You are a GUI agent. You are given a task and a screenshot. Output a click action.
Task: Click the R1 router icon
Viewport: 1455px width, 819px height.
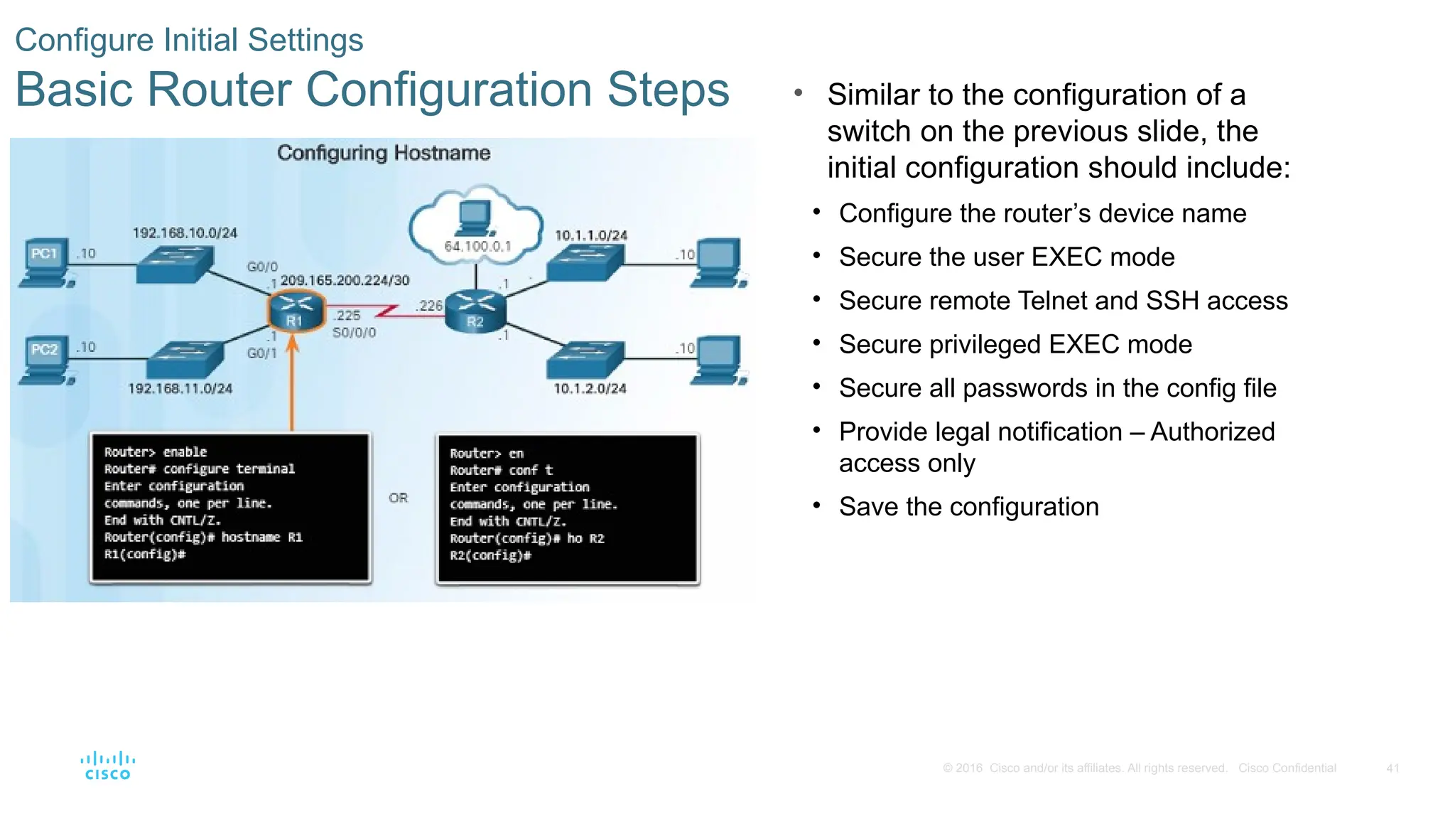click(x=296, y=311)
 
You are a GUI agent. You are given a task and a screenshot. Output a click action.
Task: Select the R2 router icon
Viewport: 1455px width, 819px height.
click(x=475, y=311)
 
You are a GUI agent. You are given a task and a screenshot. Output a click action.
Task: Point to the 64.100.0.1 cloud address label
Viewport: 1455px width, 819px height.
click(x=477, y=247)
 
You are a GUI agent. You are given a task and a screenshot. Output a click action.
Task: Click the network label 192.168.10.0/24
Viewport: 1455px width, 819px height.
click(x=185, y=233)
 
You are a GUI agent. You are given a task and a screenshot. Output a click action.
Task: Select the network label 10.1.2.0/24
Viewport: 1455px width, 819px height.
click(x=590, y=389)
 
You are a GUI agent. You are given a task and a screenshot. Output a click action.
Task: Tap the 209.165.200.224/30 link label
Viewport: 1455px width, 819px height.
click(x=345, y=281)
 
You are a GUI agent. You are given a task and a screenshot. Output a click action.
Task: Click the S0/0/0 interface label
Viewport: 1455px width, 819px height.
click(x=354, y=333)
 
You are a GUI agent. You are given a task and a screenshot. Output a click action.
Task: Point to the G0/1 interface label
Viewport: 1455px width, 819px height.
click(x=261, y=353)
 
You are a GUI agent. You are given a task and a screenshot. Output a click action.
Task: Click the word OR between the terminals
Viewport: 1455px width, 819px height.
click(x=398, y=498)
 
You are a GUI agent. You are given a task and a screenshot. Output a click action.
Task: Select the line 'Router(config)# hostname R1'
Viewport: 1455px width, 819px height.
click(x=203, y=537)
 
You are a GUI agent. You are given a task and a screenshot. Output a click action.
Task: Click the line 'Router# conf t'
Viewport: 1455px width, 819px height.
click(x=501, y=471)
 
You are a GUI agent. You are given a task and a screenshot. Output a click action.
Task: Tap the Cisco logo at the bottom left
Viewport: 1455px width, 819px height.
click(x=107, y=766)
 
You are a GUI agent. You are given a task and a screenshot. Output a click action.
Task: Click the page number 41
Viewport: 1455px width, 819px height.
click(x=1392, y=769)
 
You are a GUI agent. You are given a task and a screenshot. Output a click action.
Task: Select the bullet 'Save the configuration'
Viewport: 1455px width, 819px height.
click(x=968, y=507)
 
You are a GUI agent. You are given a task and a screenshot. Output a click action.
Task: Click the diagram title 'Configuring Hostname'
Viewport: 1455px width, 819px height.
click(x=384, y=153)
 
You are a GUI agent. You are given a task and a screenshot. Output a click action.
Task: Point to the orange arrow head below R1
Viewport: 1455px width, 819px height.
click(x=292, y=344)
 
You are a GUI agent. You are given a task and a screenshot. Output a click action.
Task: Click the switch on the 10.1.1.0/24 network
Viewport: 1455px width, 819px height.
click(x=586, y=262)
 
